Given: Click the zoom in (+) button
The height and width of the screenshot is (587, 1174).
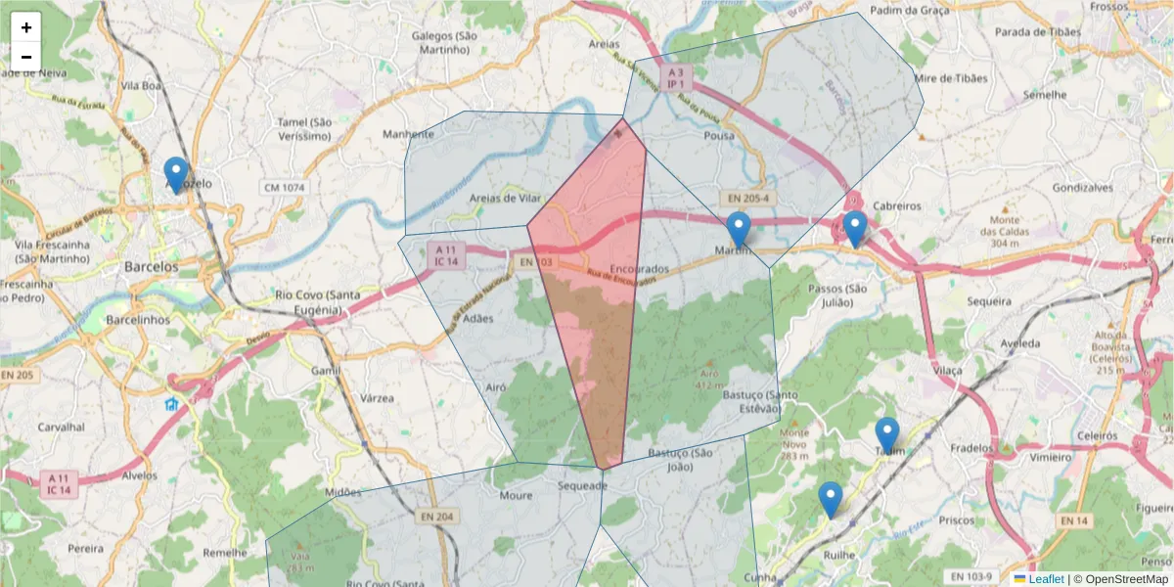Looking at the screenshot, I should [26, 27].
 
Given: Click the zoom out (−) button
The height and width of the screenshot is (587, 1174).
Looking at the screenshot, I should [26, 57].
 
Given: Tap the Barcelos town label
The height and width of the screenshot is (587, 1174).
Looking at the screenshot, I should [152, 266].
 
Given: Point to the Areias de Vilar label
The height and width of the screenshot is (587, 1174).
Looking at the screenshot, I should [505, 198].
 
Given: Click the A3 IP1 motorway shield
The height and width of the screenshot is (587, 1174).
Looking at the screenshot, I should [674, 78].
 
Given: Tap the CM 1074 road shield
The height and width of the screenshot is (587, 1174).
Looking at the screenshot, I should [284, 187].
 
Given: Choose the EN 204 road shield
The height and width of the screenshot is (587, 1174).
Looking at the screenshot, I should [439, 517].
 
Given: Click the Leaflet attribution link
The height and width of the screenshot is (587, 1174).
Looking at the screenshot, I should [1046, 579].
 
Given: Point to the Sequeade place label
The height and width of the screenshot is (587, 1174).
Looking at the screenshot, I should [582, 485].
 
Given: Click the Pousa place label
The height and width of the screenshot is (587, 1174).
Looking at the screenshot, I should [718, 136].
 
